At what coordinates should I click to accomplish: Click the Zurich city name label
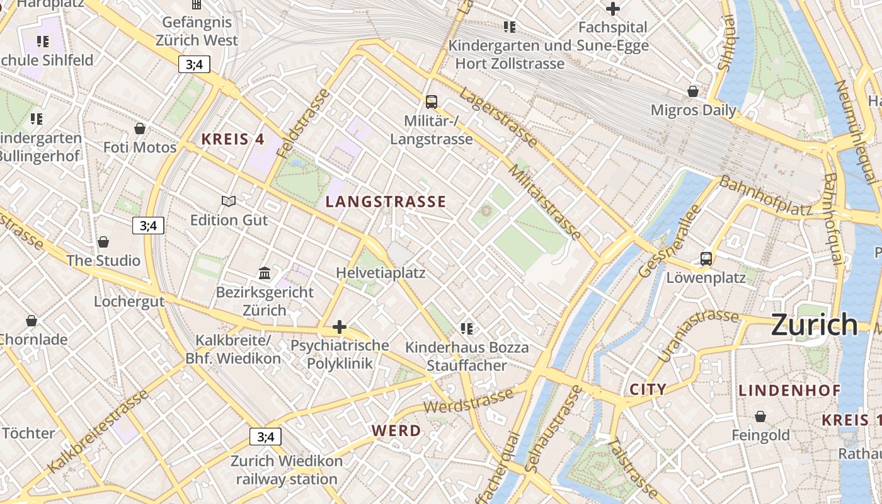click(x=814, y=325)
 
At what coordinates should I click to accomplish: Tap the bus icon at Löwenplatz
click(x=706, y=258)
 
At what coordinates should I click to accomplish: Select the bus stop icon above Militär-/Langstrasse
click(x=431, y=101)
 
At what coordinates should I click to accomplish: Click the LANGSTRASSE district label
click(x=386, y=202)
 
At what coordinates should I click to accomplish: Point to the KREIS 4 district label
click(x=232, y=140)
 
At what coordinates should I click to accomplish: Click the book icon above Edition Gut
click(x=229, y=201)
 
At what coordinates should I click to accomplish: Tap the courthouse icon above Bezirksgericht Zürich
click(x=265, y=273)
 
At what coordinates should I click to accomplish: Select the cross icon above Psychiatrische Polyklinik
click(x=340, y=326)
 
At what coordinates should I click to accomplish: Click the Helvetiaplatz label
click(x=381, y=273)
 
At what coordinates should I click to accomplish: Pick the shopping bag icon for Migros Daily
click(x=693, y=91)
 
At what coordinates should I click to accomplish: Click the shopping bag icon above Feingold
click(x=760, y=416)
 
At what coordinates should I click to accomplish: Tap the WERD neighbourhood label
click(x=396, y=431)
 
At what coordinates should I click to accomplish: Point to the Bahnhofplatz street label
click(x=765, y=195)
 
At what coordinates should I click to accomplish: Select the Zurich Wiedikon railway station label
click(x=287, y=470)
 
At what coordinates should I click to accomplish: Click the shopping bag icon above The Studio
click(x=103, y=242)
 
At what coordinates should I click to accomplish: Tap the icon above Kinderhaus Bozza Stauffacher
click(x=466, y=328)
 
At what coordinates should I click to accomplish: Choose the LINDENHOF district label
click(x=789, y=391)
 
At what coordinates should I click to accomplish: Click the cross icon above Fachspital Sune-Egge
click(x=612, y=9)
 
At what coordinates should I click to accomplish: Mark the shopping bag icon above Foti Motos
click(x=140, y=129)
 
